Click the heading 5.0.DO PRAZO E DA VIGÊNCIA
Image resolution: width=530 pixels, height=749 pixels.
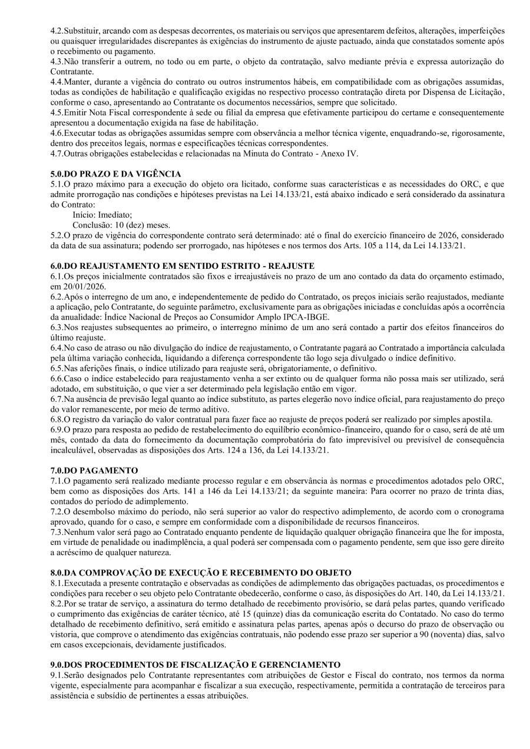[x=115, y=174]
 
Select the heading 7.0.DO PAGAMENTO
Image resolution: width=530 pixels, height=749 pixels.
[x=94, y=470]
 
